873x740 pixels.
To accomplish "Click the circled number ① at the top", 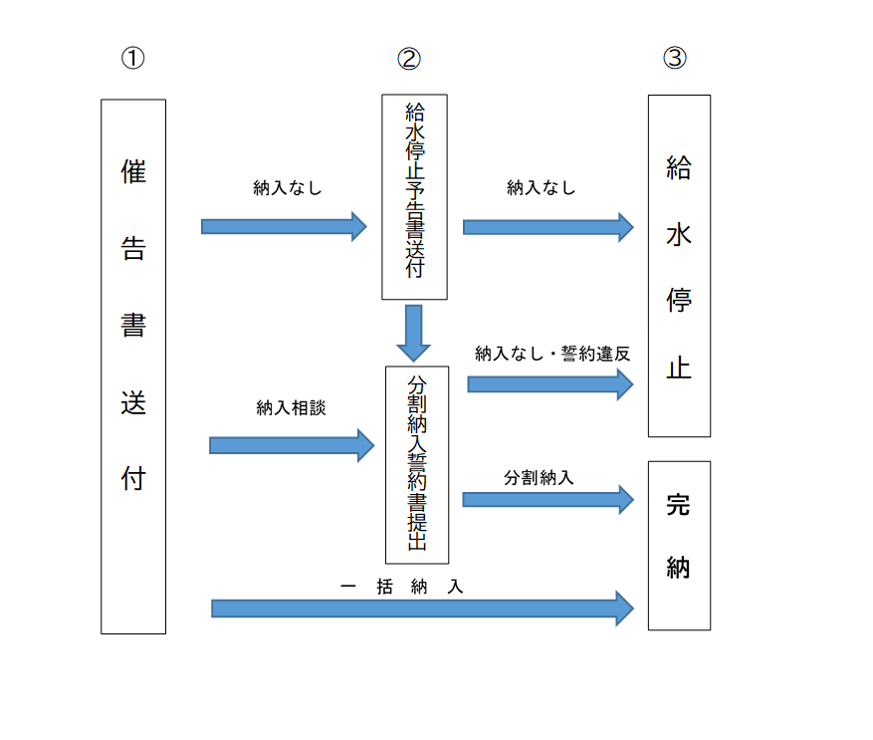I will point(132,58).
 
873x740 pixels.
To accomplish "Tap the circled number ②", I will point(409,58).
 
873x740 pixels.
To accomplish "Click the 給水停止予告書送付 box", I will point(414,196).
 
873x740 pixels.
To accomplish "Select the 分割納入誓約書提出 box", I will point(417,464).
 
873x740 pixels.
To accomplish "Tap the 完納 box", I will point(679,545).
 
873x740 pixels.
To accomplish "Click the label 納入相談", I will point(291,407).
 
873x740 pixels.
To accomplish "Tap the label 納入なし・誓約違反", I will point(552,354).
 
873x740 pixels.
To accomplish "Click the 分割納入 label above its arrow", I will point(539,477).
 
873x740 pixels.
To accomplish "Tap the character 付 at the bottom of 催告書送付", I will point(133,478).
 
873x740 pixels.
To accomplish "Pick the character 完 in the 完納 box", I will point(679,505).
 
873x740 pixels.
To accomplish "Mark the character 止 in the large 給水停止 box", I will point(679,369).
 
